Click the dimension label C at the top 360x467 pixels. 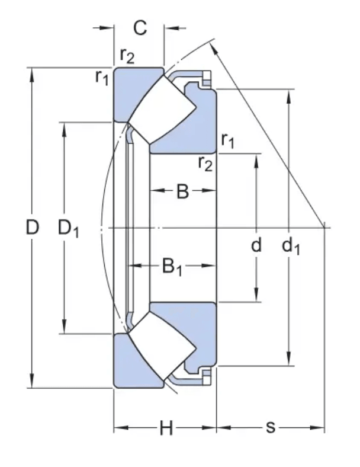pyautogui.click(x=140, y=27)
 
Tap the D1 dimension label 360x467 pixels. pyautogui.click(x=68, y=228)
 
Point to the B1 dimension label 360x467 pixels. pyautogui.click(x=172, y=267)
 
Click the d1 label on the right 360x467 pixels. pyautogui.click(x=290, y=245)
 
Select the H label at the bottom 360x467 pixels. pyautogui.click(x=166, y=427)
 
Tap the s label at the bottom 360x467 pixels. pyautogui.click(x=271, y=427)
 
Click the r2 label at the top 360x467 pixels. pyautogui.click(x=127, y=56)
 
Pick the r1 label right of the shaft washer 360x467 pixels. pyautogui.click(x=228, y=140)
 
